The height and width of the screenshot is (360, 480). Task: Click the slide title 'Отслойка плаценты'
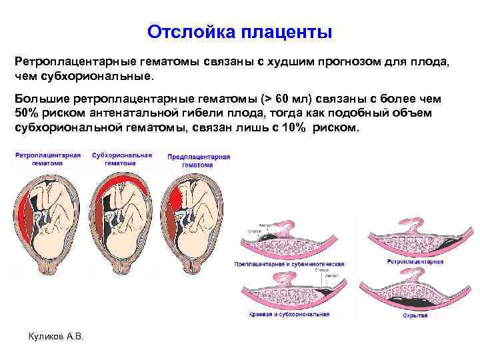pyautogui.click(x=239, y=32)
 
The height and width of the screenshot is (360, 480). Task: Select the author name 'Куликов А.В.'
pyautogui.click(x=57, y=335)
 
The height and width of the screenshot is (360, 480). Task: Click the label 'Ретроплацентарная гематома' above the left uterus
pyautogui.click(x=47, y=159)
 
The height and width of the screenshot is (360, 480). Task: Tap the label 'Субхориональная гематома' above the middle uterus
pyautogui.click(x=121, y=159)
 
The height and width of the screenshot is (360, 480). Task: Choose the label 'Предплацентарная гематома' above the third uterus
pyautogui.click(x=198, y=161)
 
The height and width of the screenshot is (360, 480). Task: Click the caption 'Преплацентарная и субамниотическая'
pyautogui.click(x=289, y=265)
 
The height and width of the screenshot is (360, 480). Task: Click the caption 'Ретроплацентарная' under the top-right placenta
pyautogui.click(x=415, y=262)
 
